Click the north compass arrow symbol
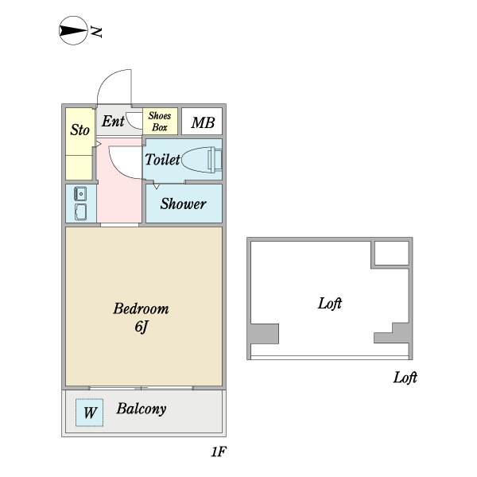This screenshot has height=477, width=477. tap(72, 32)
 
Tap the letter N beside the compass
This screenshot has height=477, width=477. tap(97, 32)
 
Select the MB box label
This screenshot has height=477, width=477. tap(203, 122)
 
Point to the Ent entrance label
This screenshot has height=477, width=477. tap(113, 122)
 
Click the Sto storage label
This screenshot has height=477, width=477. tap(79, 130)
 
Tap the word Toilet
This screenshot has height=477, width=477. tap(161, 159)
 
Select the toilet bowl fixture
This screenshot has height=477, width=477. tap(200, 159)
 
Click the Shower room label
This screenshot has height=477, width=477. tap(183, 204)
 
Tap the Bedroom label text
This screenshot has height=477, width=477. tap(141, 308)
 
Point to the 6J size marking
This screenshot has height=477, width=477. tap(141, 326)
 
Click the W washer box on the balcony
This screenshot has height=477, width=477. tap(90, 413)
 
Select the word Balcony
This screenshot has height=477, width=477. tap(142, 409)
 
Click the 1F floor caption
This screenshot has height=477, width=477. tap(219, 453)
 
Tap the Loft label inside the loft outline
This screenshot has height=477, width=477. tap(330, 303)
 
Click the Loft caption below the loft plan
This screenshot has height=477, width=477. tap(405, 378)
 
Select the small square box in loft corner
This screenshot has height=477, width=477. tap(390, 253)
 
